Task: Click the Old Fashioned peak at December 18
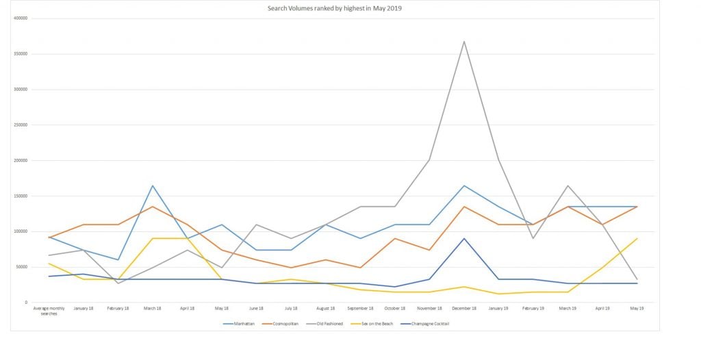pyautogui.click(x=464, y=41)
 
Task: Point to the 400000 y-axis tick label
pyautogui.click(x=20, y=18)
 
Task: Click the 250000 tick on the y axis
pyautogui.click(x=20, y=125)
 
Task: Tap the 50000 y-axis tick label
pyautogui.click(x=21, y=267)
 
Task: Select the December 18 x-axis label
pyautogui.click(x=464, y=309)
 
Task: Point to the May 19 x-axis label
pyautogui.click(x=637, y=309)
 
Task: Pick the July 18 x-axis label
pyautogui.click(x=291, y=309)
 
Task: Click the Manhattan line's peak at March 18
pyautogui.click(x=153, y=185)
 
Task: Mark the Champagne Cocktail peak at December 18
pyautogui.click(x=464, y=238)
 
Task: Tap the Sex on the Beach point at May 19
pyautogui.click(x=637, y=238)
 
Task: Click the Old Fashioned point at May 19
pyautogui.click(x=637, y=279)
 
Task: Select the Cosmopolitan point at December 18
pyautogui.click(x=464, y=207)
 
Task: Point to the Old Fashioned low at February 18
pyautogui.click(x=118, y=283)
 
